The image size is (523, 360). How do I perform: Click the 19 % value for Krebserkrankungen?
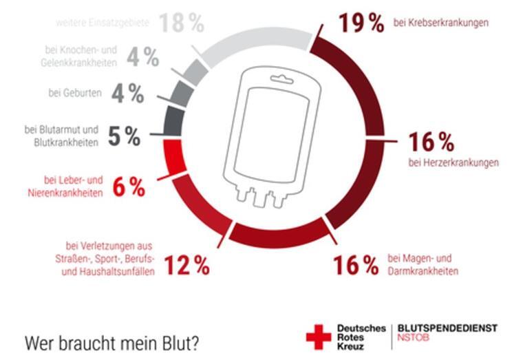coord(361,23)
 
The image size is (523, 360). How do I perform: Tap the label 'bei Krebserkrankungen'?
coord(440,23)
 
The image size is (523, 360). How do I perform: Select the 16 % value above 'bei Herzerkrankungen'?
coord(431,142)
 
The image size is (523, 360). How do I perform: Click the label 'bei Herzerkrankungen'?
coord(453,163)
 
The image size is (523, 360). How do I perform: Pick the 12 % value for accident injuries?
coord(186,265)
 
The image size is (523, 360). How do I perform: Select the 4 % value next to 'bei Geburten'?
coord(128,94)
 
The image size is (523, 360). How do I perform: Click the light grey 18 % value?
coord(182,23)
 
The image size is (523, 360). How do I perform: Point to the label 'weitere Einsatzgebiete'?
coord(104,23)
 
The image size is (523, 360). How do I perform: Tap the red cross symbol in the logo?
coord(318,335)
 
